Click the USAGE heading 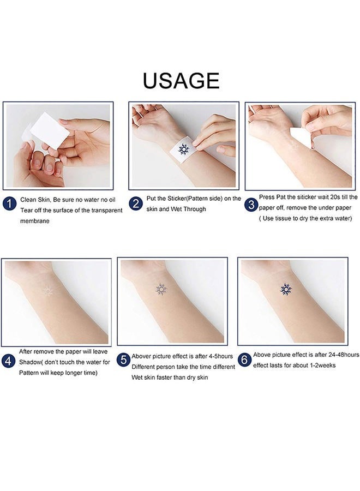pyautogui.click(x=181, y=80)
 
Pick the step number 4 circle pyautogui.click(x=9, y=362)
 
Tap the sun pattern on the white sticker pyautogui.click(x=183, y=149)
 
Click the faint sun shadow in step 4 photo pyautogui.click(x=47, y=291)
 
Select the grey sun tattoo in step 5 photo pyautogui.click(x=161, y=289)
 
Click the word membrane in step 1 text pyautogui.click(x=35, y=221)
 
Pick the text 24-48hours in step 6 pyautogui.click(x=332, y=355)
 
